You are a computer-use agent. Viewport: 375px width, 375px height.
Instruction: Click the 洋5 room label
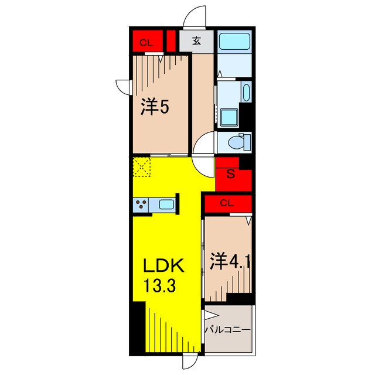tap(155, 107)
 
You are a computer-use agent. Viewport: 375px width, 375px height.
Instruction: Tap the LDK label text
tap(163, 265)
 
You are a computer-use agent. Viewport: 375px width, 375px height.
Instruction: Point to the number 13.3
tap(160, 285)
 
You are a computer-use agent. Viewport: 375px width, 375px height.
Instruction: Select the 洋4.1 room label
tap(230, 261)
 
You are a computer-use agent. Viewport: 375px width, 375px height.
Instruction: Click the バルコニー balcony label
tap(228, 330)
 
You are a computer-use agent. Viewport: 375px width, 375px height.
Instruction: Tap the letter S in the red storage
tap(230, 174)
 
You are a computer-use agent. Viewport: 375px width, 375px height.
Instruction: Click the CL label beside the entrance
tap(146, 43)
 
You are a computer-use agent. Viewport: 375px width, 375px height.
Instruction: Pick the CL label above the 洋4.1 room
tap(227, 203)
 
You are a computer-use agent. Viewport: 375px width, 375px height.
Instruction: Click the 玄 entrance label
tap(196, 41)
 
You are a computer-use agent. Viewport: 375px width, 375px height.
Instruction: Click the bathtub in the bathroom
tap(234, 41)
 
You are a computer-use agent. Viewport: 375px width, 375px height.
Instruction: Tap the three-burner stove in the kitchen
tap(141, 204)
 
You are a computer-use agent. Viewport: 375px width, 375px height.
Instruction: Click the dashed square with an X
tap(142, 166)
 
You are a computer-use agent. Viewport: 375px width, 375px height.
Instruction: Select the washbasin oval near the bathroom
tap(246, 93)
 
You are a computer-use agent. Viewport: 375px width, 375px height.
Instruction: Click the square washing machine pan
tap(229, 118)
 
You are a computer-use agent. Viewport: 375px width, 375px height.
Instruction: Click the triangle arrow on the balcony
tap(212, 316)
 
